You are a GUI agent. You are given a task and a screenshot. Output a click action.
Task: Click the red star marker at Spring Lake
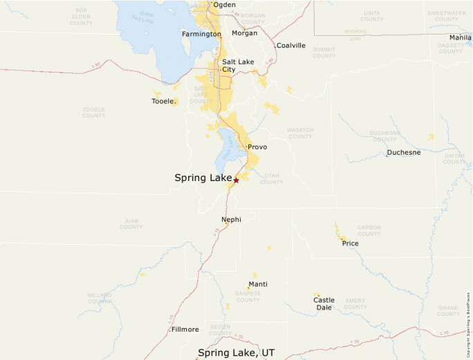click(x=236, y=180)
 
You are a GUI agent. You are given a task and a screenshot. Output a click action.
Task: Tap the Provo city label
click(x=257, y=147)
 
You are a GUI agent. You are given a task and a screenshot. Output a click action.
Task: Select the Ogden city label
click(x=224, y=5)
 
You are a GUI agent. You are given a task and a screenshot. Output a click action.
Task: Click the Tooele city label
click(x=163, y=102)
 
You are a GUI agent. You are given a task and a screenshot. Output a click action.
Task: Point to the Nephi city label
click(x=231, y=220)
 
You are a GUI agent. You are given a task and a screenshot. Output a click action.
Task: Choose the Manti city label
click(x=258, y=284)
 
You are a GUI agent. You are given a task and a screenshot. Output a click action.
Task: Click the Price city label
click(x=350, y=243)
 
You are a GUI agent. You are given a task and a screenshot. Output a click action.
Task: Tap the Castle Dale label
click(x=324, y=303)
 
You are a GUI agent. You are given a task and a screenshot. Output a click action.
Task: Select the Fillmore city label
click(x=185, y=330)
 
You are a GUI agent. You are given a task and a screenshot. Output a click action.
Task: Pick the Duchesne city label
click(x=404, y=152)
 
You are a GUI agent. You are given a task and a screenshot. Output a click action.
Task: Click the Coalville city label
click(x=290, y=46)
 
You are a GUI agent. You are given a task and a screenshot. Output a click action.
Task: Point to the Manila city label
click(x=460, y=37)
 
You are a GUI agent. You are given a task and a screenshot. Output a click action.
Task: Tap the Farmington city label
click(x=201, y=34)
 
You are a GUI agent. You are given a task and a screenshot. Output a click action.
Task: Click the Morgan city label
click(x=245, y=33)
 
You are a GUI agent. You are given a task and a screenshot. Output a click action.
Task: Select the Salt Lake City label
click(x=238, y=66)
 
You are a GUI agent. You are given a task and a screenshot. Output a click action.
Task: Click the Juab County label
click(x=131, y=224)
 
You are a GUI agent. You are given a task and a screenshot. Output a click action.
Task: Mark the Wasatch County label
click(x=300, y=133)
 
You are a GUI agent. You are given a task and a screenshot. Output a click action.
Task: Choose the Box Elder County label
click(x=81, y=17)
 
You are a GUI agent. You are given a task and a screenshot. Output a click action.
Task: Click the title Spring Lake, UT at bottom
click(x=236, y=352)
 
